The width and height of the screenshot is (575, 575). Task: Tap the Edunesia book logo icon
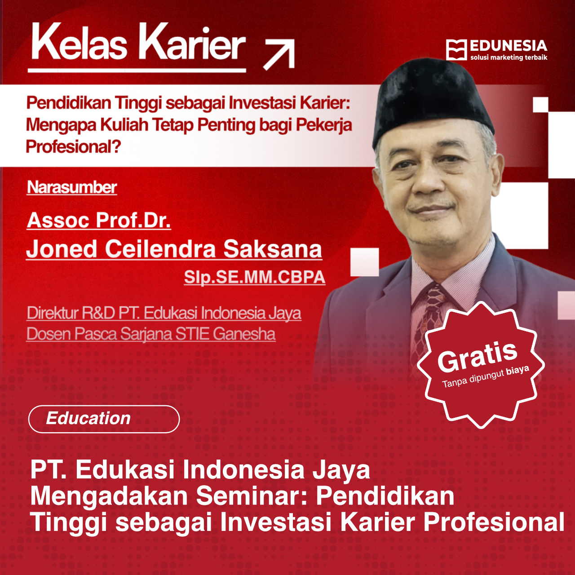(456, 49)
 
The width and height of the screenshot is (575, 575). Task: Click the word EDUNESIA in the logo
(508, 46)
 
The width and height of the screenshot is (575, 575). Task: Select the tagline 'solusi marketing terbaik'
(509, 57)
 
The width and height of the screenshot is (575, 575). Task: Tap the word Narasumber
(72, 187)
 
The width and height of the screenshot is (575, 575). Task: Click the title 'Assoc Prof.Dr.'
(99, 220)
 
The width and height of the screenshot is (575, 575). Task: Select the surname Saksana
(273, 249)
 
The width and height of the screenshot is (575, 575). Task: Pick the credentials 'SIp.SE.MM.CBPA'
(254, 277)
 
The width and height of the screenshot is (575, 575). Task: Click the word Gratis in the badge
(478, 357)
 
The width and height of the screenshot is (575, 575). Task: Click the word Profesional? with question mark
(73, 146)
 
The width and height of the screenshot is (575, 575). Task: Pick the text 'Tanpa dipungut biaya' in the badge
(485, 377)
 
